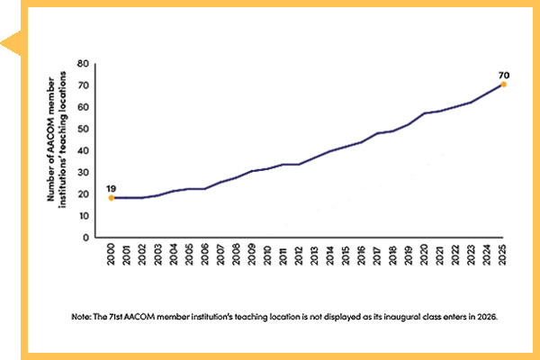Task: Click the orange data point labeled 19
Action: [x=111, y=197]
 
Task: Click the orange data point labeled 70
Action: [x=503, y=85]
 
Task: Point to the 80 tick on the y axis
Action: [x=82, y=64]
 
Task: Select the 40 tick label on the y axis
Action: [x=82, y=150]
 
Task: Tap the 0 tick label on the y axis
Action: [x=85, y=238]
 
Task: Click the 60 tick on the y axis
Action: [x=82, y=107]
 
